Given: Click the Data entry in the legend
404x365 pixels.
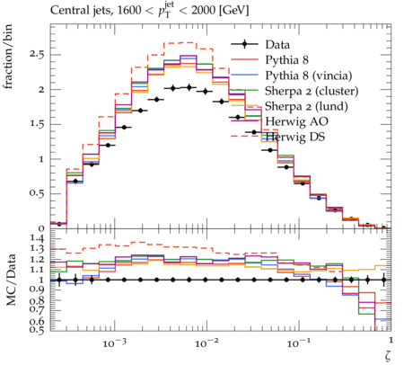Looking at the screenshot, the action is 277,45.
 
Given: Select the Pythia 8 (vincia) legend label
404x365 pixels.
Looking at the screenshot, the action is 309,76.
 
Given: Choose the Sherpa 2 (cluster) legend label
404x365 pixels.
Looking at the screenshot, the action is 312,91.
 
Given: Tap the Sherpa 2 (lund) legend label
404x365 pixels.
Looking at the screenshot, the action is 306,106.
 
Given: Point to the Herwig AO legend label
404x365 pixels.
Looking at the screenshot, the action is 296,121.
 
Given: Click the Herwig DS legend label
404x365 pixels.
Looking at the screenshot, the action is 295,137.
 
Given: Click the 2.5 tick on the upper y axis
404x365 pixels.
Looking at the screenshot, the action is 37,55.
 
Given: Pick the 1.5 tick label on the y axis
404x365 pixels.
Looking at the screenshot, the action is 37,124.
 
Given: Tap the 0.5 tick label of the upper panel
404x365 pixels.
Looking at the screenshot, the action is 37,193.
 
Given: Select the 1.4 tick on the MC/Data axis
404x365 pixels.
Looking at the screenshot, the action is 37,239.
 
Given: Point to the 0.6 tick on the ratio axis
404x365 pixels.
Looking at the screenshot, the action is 37,322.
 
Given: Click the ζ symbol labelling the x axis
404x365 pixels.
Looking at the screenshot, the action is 388,356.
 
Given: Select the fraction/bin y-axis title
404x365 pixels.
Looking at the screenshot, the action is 8,57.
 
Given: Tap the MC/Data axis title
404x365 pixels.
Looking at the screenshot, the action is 11,280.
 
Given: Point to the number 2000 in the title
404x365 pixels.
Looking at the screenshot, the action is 203,11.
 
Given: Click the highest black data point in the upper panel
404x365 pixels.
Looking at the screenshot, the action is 189,87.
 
